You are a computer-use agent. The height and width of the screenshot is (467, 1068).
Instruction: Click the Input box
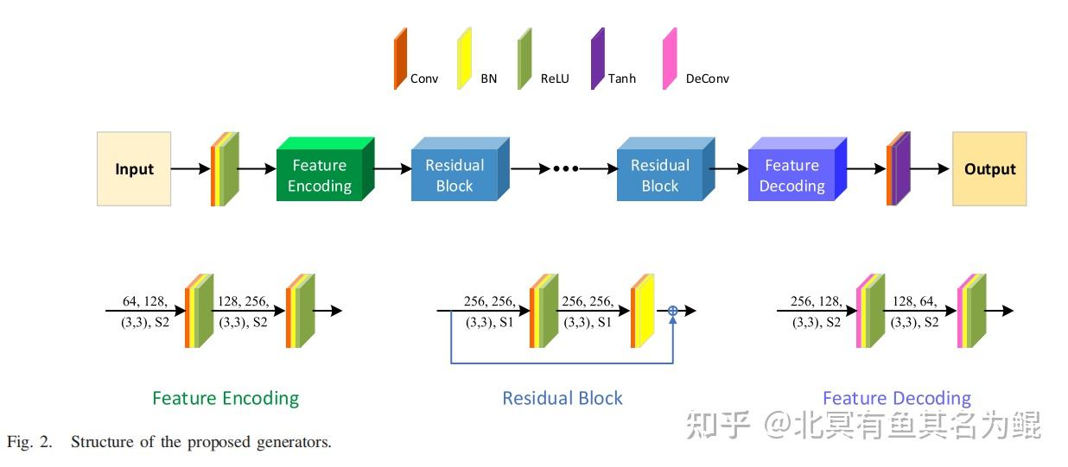pyautogui.click(x=134, y=169)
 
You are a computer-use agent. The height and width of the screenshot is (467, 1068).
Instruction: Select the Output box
pyautogui.click(x=989, y=169)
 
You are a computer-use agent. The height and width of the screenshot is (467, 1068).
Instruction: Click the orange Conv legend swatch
pyautogui.click(x=400, y=59)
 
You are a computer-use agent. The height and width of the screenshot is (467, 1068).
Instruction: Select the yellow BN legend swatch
pyautogui.click(x=464, y=59)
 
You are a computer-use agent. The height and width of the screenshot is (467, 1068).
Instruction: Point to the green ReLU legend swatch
pyautogui.click(x=524, y=59)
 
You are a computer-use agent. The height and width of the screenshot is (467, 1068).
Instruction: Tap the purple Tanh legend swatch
pyautogui.click(x=597, y=59)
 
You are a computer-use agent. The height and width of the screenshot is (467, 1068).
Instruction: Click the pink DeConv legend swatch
pyautogui.click(x=670, y=59)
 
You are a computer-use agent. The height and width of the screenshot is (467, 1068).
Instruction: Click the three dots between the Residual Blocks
pyautogui.click(x=565, y=169)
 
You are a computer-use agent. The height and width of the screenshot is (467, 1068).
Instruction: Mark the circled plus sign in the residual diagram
pyautogui.click(x=672, y=311)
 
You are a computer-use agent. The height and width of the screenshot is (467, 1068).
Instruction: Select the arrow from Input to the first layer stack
pyautogui.click(x=190, y=169)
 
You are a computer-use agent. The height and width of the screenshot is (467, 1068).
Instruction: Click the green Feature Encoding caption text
pyautogui.click(x=226, y=398)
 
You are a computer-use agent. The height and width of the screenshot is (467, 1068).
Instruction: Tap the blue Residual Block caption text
pyautogui.click(x=563, y=398)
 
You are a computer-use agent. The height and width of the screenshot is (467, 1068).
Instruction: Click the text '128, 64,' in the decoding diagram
pyautogui.click(x=915, y=301)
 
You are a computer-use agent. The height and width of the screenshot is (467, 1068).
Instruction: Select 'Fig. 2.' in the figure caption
pyautogui.click(x=29, y=442)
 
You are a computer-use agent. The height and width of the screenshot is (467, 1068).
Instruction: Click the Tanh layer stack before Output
pyautogui.click(x=899, y=169)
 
